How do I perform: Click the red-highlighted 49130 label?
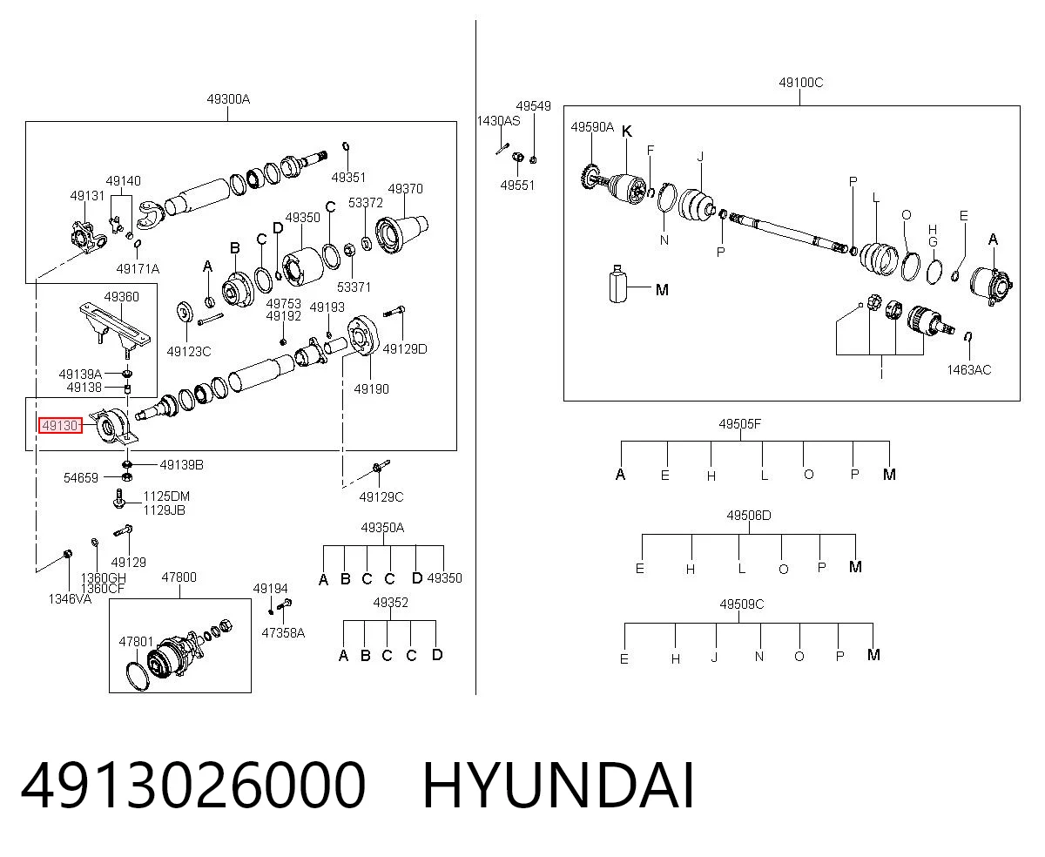60,425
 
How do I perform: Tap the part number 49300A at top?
228,99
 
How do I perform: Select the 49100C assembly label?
800,82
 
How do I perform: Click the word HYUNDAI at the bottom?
558,786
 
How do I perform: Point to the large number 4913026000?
192,786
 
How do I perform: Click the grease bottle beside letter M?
617,284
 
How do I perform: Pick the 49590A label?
592,127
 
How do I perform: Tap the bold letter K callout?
626,132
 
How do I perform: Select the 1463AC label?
968,370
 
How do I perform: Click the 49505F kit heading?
740,424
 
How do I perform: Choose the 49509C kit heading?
742,604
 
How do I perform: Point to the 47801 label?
136,641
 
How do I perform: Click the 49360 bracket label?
121,296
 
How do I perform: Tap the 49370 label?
405,189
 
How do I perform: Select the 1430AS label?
498,121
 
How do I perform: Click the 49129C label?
381,496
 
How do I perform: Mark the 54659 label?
81,478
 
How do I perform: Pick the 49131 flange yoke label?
87,196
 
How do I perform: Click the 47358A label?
283,633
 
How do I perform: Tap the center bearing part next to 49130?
113,426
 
